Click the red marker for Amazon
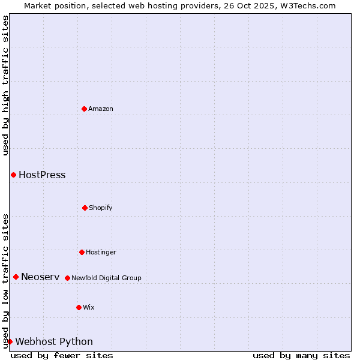click(84, 109)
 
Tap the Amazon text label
click(101, 109)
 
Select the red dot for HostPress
click(13, 175)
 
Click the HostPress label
click(42, 175)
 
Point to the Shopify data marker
click(85, 208)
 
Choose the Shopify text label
click(101, 208)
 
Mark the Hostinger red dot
click(82, 252)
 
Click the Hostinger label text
click(101, 252)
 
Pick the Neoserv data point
click(16, 277)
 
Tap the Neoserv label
click(40, 277)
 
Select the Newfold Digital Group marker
click(67, 278)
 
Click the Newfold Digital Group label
click(106, 278)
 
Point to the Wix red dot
click(79, 307)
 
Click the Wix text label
click(89, 307)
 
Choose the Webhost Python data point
click(10, 341)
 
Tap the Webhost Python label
click(54, 342)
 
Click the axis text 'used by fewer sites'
click(62, 355)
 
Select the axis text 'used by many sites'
click(301, 355)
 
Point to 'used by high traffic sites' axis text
click(5, 85)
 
